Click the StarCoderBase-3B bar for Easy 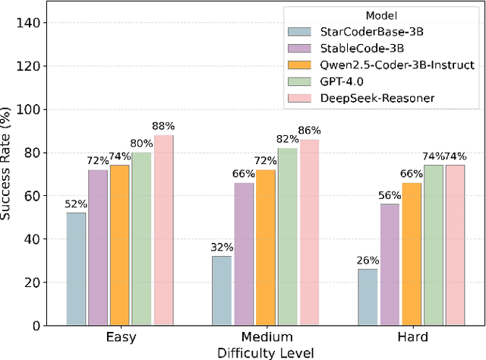pos(76,269)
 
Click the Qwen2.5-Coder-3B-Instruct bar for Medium pos(266,248)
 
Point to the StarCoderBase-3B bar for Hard pos(368,297)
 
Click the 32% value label pos(222,248)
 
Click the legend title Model pos(379,15)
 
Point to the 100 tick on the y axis pos(33,109)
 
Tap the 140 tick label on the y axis pos(33,24)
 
